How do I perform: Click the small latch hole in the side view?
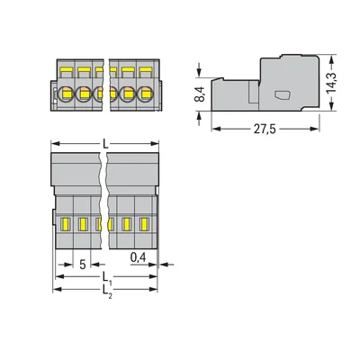pyautogui.click(x=281, y=94)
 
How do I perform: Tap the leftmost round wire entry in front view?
pyautogui.click(x=66, y=92)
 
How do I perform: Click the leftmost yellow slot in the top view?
pyautogui.click(x=66, y=224)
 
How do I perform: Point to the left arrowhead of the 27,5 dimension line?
pyautogui.click(x=215, y=127)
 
